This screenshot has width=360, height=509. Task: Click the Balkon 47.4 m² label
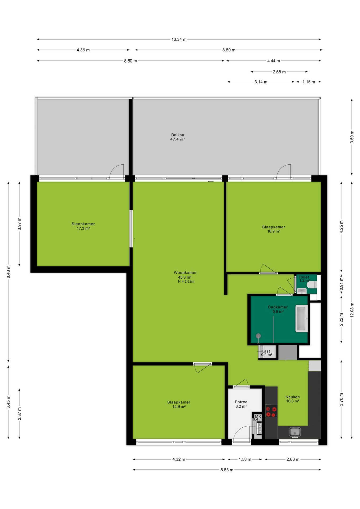pyautogui.click(x=178, y=137)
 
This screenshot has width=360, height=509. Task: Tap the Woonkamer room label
pyautogui.click(x=185, y=273)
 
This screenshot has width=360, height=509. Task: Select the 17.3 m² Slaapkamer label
pyautogui.click(x=83, y=226)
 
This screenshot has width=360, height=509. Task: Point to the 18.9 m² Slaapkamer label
pyautogui.click(x=274, y=229)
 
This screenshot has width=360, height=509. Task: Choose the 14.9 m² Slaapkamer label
pyautogui.click(x=179, y=404)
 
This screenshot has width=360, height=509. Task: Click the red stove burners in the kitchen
pyautogui.click(x=271, y=411)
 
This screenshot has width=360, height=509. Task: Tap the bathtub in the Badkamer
pyautogui.click(x=302, y=318)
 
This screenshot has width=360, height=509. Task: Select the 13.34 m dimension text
pyautogui.click(x=179, y=40)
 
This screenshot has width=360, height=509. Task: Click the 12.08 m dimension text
pyautogui.click(x=352, y=310)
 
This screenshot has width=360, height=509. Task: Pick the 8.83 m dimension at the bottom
pyautogui.click(x=227, y=470)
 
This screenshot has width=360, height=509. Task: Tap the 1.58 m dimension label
pyautogui.click(x=245, y=459)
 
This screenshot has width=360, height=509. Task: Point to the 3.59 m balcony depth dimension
pyautogui.click(x=352, y=137)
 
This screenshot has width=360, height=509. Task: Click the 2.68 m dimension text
pyautogui.click(x=279, y=72)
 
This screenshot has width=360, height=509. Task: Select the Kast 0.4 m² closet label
pyautogui.click(x=266, y=353)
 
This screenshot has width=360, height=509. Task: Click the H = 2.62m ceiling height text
pyautogui.click(x=186, y=282)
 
